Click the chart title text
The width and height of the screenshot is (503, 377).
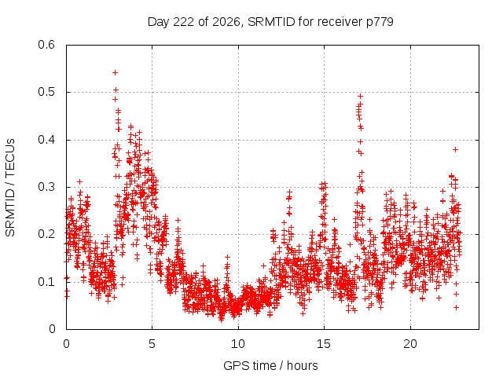pyautogui.click(x=270, y=22)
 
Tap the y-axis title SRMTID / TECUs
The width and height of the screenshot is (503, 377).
pyautogui.click(x=10, y=188)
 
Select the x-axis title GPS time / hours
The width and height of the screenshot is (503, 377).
pyautogui.click(x=270, y=365)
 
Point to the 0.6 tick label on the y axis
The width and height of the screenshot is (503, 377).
pyautogui.click(x=46, y=45)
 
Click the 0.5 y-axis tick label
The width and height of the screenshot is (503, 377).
pyautogui.click(x=46, y=92)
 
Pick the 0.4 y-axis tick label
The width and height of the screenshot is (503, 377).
pyautogui.click(x=46, y=140)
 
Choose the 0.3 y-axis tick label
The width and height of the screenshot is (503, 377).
pyautogui.click(x=46, y=187)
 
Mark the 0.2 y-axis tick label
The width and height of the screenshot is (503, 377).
pyautogui.click(x=46, y=234)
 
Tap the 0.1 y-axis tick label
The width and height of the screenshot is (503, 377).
pyautogui.click(x=46, y=282)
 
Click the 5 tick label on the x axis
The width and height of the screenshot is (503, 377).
pyautogui.click(x=152, y=344)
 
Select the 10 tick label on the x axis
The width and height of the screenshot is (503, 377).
pyautogui.click(x=238, y=344)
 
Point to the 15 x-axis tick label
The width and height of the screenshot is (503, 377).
pyautogui.click(x=324, y=344)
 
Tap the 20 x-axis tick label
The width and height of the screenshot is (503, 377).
pyautogui.click(x=410, y=344)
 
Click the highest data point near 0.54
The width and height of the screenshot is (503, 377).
pyautogui.click(x=115, y=73)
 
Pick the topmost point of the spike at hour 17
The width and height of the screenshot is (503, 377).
pyautogui.click(x=360, y=96)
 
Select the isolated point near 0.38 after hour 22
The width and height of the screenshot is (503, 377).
pyautogui.click(x=455, y=149)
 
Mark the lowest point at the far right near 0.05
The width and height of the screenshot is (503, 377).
pyautogui.click(x=456, y=307)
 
